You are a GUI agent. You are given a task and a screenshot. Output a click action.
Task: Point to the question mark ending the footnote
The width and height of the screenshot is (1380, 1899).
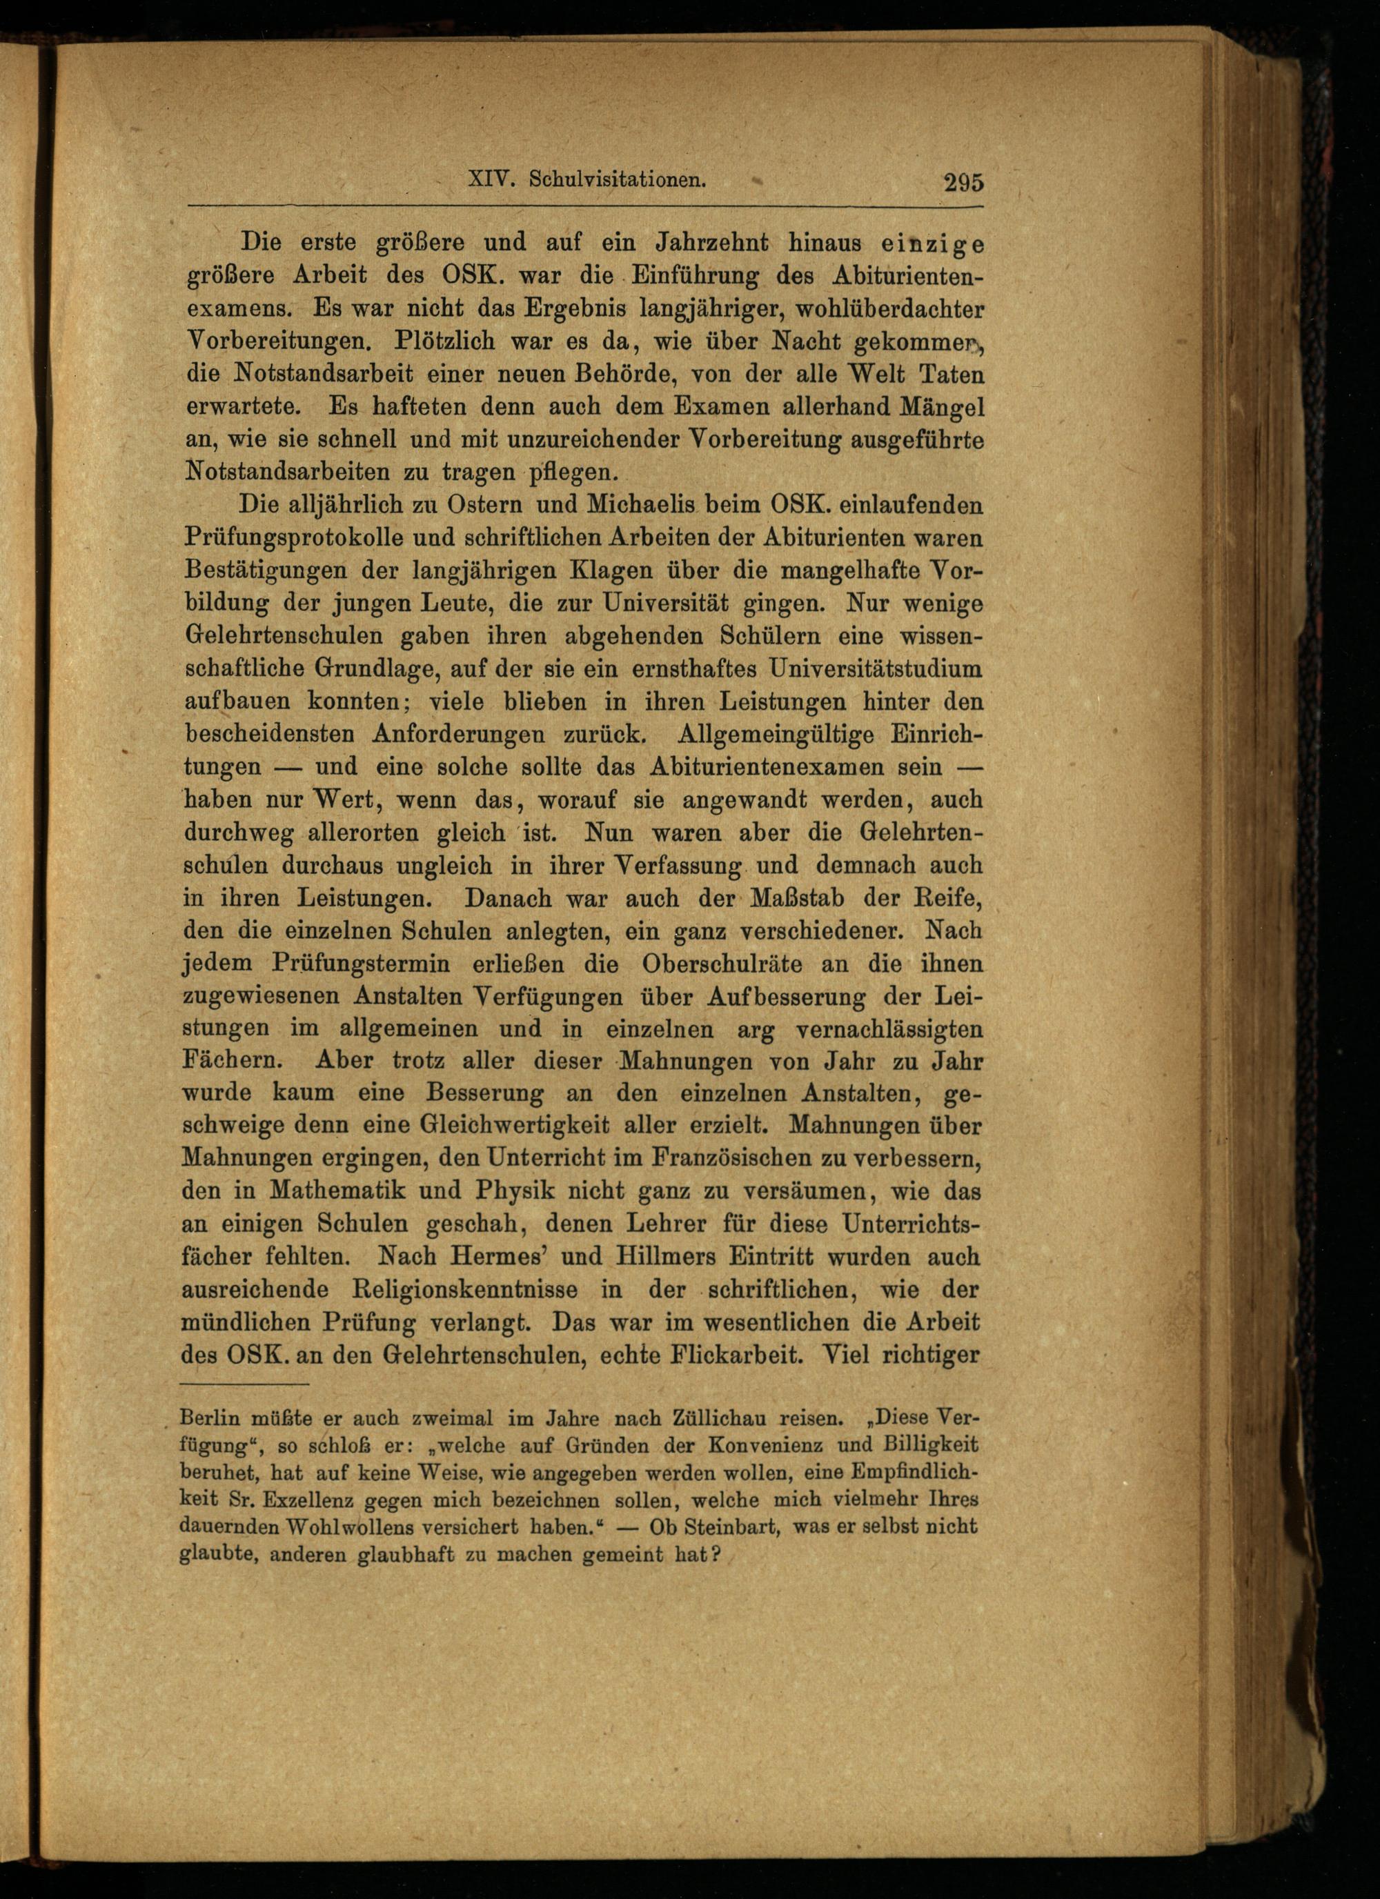pos(716,1555)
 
